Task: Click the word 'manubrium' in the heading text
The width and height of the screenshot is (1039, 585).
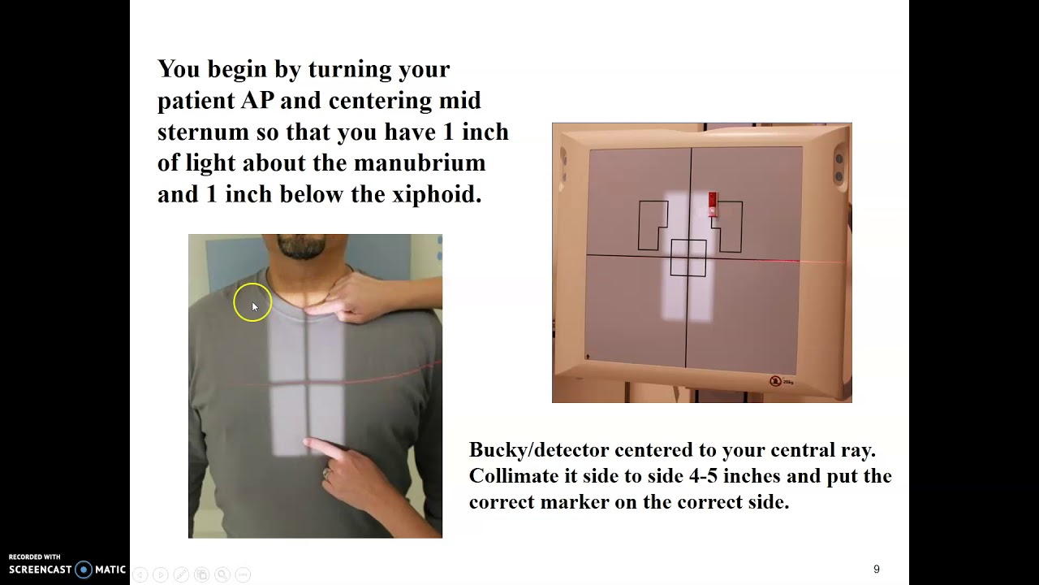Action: click(x=420, y=163)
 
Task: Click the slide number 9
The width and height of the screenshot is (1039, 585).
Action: click(x=876, y=569)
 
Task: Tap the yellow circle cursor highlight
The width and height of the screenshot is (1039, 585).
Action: click(x=252, y=302)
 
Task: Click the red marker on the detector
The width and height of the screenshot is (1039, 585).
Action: click(x=713, y=204)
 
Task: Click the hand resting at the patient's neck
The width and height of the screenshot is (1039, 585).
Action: click(x=366, y=297)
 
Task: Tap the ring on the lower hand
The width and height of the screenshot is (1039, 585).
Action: click(x=327, y=473)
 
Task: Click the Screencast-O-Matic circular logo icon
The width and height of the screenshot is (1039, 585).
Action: click(x=84, y=570)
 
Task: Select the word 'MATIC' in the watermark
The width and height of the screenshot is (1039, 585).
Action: click(x=110, y=570)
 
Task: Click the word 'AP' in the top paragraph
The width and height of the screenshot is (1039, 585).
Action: click(x=257, y=101)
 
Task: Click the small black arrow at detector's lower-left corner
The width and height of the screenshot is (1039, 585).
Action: click(x=588, y=357)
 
